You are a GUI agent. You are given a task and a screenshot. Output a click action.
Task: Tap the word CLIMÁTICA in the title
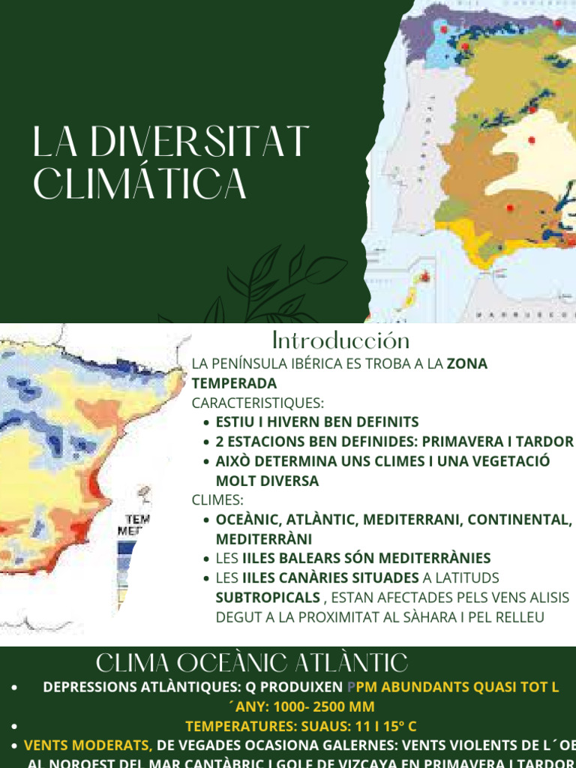[x=140, y=184]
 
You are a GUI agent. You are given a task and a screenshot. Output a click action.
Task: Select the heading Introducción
[x=340, y=340]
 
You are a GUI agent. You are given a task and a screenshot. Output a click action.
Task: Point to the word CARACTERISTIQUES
[x=257, y=403]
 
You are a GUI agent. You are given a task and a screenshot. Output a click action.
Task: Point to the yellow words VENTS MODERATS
[x=88, y=745]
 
